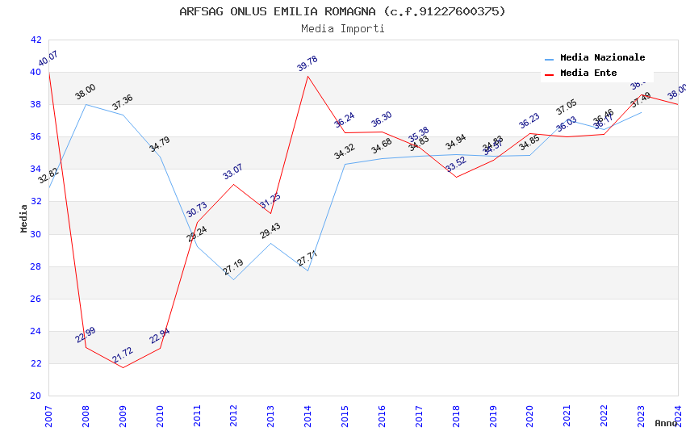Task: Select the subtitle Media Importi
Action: coord(342,28)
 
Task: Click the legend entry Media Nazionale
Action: coord(602,57)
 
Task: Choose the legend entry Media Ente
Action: coord(588,73)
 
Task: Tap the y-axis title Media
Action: coord(24,218)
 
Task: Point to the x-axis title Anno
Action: coord(666,423)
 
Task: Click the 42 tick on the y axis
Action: coord(36,40)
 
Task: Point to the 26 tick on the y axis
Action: coord(36,299)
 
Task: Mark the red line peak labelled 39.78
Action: coord(307,76)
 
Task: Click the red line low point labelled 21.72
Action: coord(123,367)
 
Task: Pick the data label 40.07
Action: coord(48,61)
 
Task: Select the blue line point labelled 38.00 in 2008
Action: coord(86,104)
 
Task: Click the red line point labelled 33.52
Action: coord(456,177)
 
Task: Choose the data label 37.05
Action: coord(567,107)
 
